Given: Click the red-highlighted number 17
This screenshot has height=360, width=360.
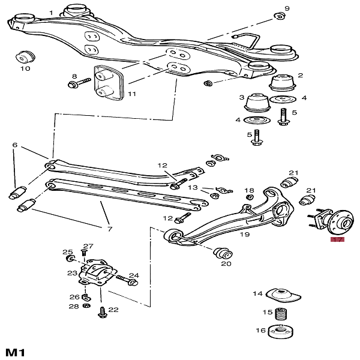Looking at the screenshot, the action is [x=337, y=239].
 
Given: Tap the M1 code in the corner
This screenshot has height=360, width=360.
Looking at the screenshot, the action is [x=15, y=352].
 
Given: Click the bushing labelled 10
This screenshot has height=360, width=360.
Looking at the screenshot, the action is [x=25, y=57].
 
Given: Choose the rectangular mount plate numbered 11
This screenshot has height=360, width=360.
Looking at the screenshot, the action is [x=109, y=83].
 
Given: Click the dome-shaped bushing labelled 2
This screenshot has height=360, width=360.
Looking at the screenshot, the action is [x=282, y=82].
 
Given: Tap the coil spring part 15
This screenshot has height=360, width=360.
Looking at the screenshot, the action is [x=281, y=314].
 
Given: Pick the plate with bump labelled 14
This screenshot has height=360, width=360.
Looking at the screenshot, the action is [x=283, y=295].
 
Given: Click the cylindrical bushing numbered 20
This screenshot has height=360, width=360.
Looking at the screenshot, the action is [x=223, y=253].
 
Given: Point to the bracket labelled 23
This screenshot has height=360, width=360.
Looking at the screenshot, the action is [x=95, y=272].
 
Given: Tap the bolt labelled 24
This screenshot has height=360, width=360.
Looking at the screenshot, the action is [x=127, y=280].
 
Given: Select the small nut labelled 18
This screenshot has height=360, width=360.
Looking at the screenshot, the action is [x=250, y=197].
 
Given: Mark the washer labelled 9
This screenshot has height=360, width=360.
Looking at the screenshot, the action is [x=280, y=16].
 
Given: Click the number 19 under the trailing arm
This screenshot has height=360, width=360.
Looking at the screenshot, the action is [x=245, y=235].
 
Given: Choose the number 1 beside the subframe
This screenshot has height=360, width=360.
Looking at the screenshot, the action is [x=51, y=13].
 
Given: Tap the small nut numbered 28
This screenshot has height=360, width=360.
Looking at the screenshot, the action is [x=86, y=305].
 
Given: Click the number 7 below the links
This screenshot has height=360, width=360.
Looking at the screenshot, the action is [x=110, y=229].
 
